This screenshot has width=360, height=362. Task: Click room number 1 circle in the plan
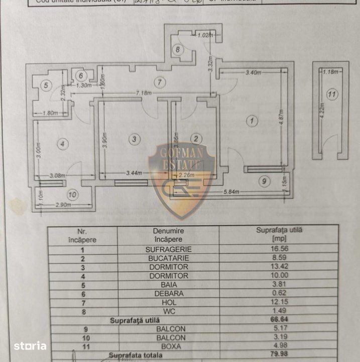[252, 121]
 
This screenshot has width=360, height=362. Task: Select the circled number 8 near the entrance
[178, 49]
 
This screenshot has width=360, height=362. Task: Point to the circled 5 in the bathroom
[45, 85]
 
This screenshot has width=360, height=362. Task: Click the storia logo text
[30, 346]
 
